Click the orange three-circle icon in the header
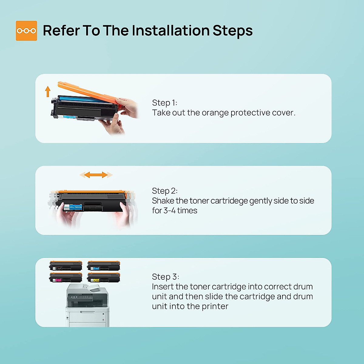point(26,31)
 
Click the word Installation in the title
point(171,30)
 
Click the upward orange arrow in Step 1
point(48,91)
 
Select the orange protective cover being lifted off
point(89,93)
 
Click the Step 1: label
point(164,103)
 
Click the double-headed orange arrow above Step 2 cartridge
point(96,175)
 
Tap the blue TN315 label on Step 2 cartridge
point(73,207)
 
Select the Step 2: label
point(165,191)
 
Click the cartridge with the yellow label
point(103,277)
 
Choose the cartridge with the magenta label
point(66,277)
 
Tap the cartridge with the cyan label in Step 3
point(103,266)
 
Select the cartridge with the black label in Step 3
point(66,266)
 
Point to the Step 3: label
point(166,277)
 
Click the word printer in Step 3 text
point(215,306)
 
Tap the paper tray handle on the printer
point(87,312)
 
